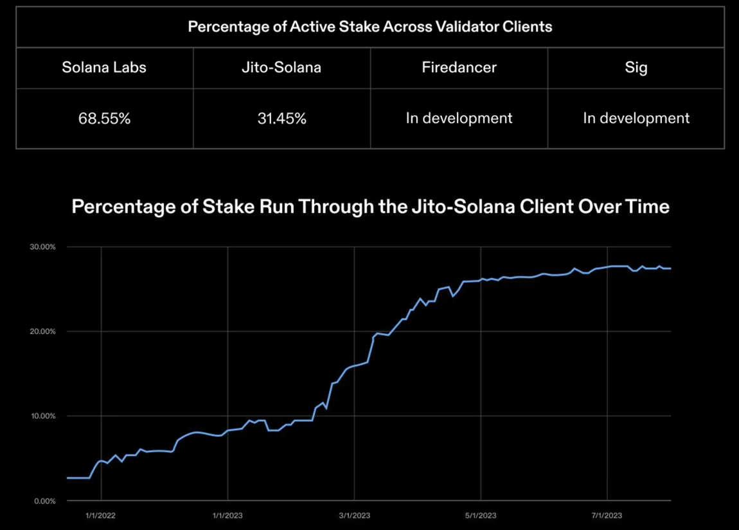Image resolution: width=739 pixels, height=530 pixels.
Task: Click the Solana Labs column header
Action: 104,67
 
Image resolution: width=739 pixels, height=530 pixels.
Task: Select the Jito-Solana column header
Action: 281,67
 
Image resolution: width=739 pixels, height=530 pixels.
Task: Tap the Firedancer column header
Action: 459,67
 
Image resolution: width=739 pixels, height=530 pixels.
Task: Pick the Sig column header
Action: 636,67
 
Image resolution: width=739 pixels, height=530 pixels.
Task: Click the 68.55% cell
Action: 104,118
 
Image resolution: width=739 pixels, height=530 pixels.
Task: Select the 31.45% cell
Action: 281,118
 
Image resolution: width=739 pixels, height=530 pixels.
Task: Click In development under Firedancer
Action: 459,118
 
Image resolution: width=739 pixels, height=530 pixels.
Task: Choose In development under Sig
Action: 636,118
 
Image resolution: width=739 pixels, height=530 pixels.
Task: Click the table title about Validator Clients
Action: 369,27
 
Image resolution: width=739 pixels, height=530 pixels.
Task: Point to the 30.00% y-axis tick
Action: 44,247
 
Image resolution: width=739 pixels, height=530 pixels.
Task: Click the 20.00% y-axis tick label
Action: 44,331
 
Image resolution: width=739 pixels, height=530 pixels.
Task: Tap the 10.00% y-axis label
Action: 44,416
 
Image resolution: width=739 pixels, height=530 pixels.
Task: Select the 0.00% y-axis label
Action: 45,500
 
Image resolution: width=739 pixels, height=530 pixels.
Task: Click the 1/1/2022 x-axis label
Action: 101,515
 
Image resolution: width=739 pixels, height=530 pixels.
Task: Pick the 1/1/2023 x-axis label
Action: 227,515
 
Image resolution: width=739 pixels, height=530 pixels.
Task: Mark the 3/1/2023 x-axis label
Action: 354,515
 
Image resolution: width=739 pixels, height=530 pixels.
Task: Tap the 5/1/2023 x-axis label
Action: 481,515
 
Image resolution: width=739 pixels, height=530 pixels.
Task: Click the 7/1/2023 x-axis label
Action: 607,515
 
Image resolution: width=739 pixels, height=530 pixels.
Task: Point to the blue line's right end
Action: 670,268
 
